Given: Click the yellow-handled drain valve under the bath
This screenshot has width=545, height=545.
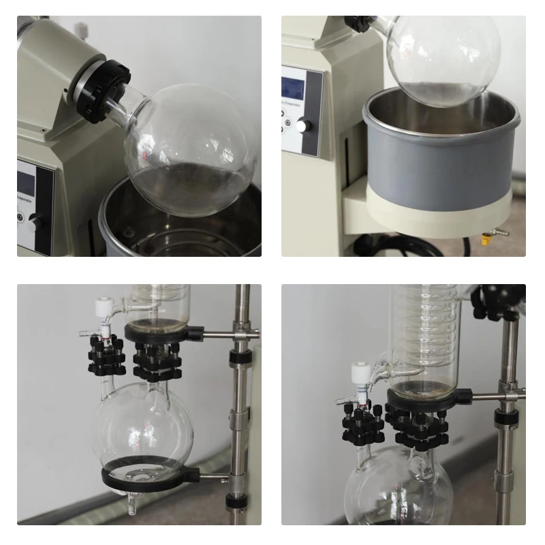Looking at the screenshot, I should (486, 238).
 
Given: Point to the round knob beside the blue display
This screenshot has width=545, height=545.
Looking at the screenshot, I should (302, 126).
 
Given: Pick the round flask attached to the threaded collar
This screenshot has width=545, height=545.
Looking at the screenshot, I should (191, 150).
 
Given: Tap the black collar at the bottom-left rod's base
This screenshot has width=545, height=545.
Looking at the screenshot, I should (236, 503).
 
